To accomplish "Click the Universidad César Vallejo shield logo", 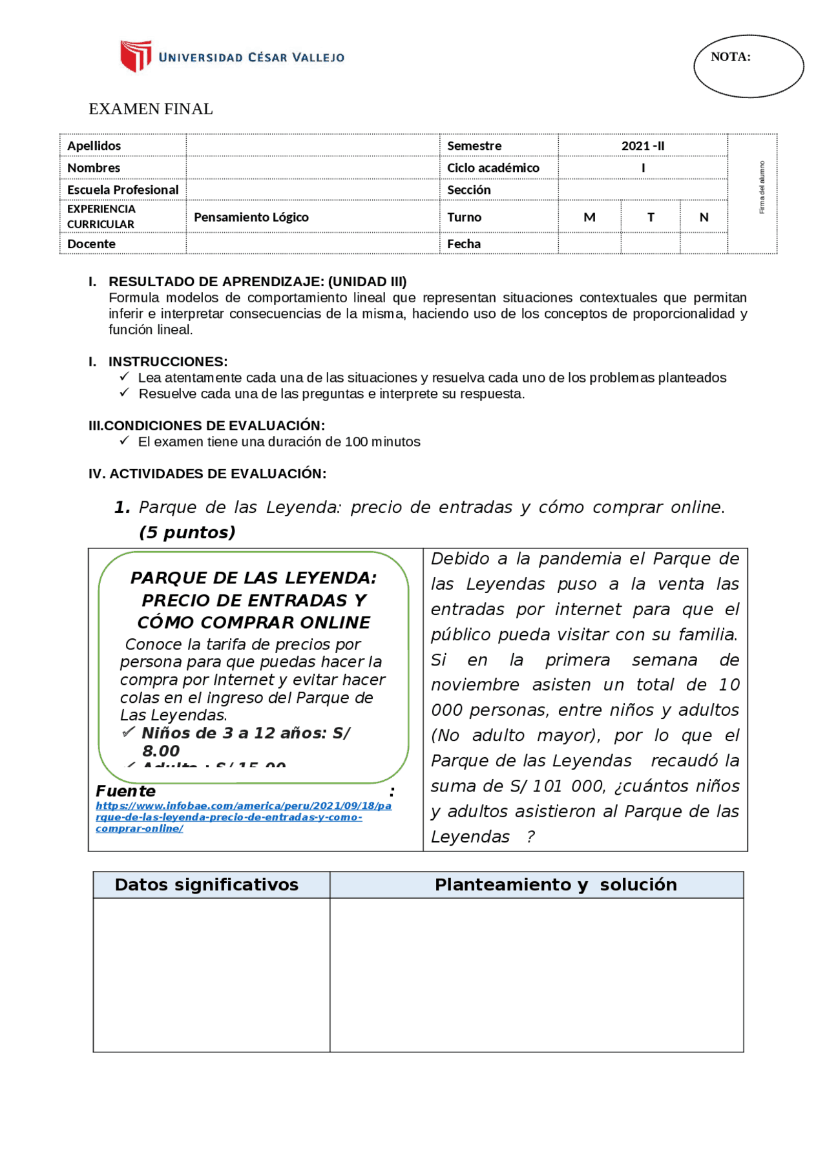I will coord(136,56).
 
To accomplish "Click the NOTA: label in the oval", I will coord(730,57).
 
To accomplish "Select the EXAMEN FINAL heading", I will coord(151,109).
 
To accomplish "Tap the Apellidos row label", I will coord(94,146).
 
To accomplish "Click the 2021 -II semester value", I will coord(642,146).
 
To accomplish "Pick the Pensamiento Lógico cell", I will coord(251,218).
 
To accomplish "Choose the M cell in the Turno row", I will coord(589,218).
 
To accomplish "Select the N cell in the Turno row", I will coord(704,218).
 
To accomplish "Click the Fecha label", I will coord(464,244).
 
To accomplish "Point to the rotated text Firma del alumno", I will coord(762,188).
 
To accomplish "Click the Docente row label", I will coord(92,244).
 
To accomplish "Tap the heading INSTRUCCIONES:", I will coord(168,362).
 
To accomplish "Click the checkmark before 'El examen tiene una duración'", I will coord(125,441).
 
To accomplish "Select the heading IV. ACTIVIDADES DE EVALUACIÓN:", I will coord(207,474).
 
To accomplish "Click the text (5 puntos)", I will coord(187,533).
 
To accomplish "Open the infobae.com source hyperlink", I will coord(243,817).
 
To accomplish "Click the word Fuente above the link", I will coord(126,791).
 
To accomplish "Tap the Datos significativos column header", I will coord(207,885).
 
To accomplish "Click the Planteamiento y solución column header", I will coord(556,885).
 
